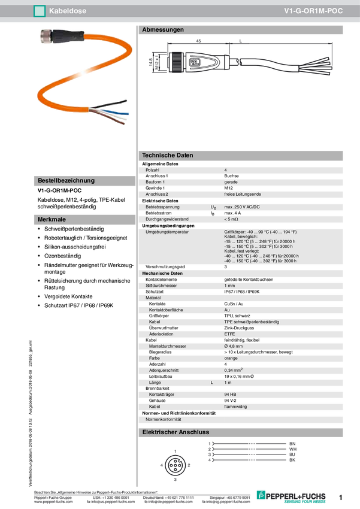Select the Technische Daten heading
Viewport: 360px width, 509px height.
pos(168,155)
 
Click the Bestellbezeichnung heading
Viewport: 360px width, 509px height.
pos(66,180)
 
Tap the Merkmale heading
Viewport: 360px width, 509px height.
pos(52,220)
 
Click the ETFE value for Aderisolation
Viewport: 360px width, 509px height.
pos(230,334)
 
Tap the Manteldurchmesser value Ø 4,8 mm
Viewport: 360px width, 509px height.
pos(233,346)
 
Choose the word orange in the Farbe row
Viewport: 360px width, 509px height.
pos(232,358)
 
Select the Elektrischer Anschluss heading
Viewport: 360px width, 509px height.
pos(175,432)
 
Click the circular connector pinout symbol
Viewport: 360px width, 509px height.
pos(174,465)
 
